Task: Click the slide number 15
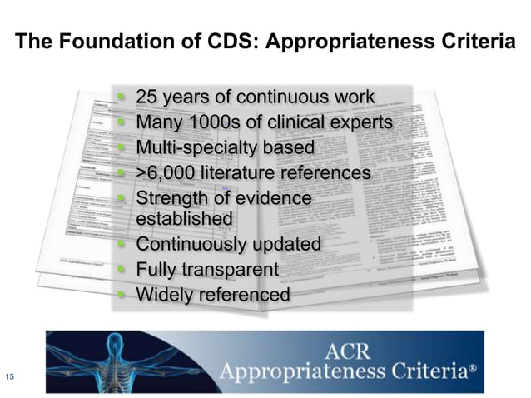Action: click(x=10, y=376)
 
